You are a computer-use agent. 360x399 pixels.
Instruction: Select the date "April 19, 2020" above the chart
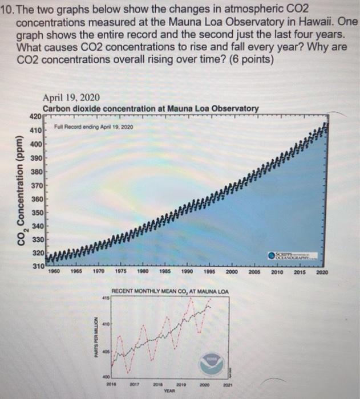coord(69,97)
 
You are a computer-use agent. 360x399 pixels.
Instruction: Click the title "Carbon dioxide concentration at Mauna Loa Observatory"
coord(151,108)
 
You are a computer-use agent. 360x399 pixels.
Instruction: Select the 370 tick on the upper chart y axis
coord(35,185)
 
